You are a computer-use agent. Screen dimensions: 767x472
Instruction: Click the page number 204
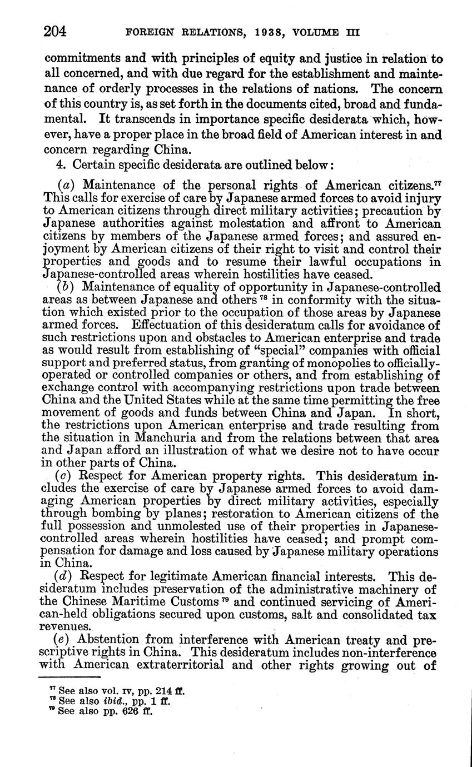(55, 31)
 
